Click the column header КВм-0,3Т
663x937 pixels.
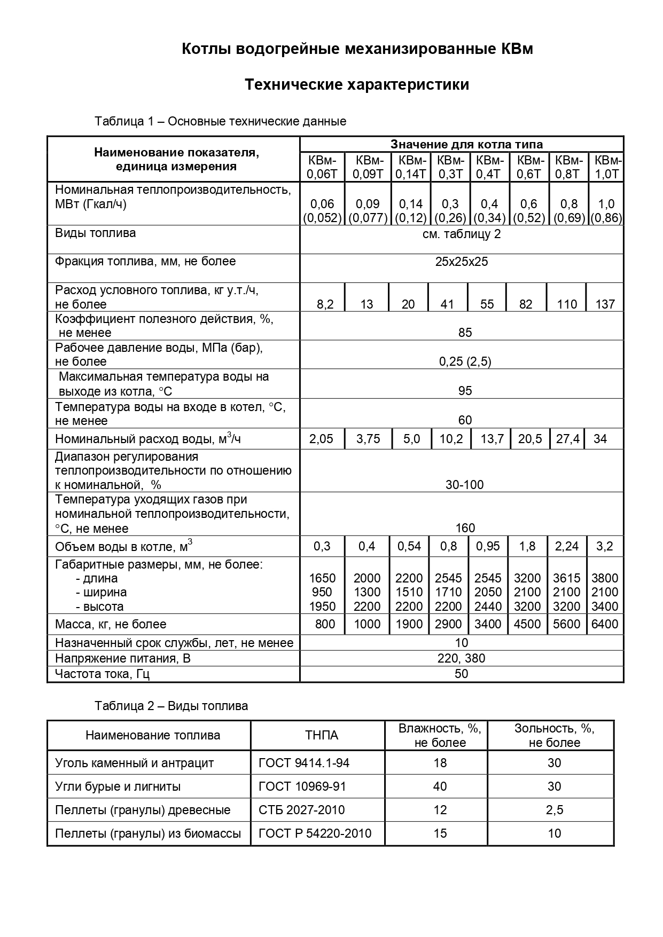(450, 167)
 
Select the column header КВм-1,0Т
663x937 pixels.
(607, 167)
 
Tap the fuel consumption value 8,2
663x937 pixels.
(325, 304)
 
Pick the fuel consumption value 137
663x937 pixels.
(605, 304)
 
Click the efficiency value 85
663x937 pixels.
(465, 333)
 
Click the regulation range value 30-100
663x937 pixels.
(464, 485)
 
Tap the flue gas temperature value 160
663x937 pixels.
(465, 528)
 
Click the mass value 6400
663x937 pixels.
(605, 624)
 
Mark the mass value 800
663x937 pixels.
(325, 624)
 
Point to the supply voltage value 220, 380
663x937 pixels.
(461, 658)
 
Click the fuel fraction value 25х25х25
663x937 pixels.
(462, 262)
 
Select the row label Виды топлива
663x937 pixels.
(96, 233)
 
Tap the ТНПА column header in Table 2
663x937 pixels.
(322, 735)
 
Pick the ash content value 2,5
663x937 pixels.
(554, 810)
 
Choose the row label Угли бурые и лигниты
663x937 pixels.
(118, 786)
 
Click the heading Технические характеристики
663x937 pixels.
(357, 85)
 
